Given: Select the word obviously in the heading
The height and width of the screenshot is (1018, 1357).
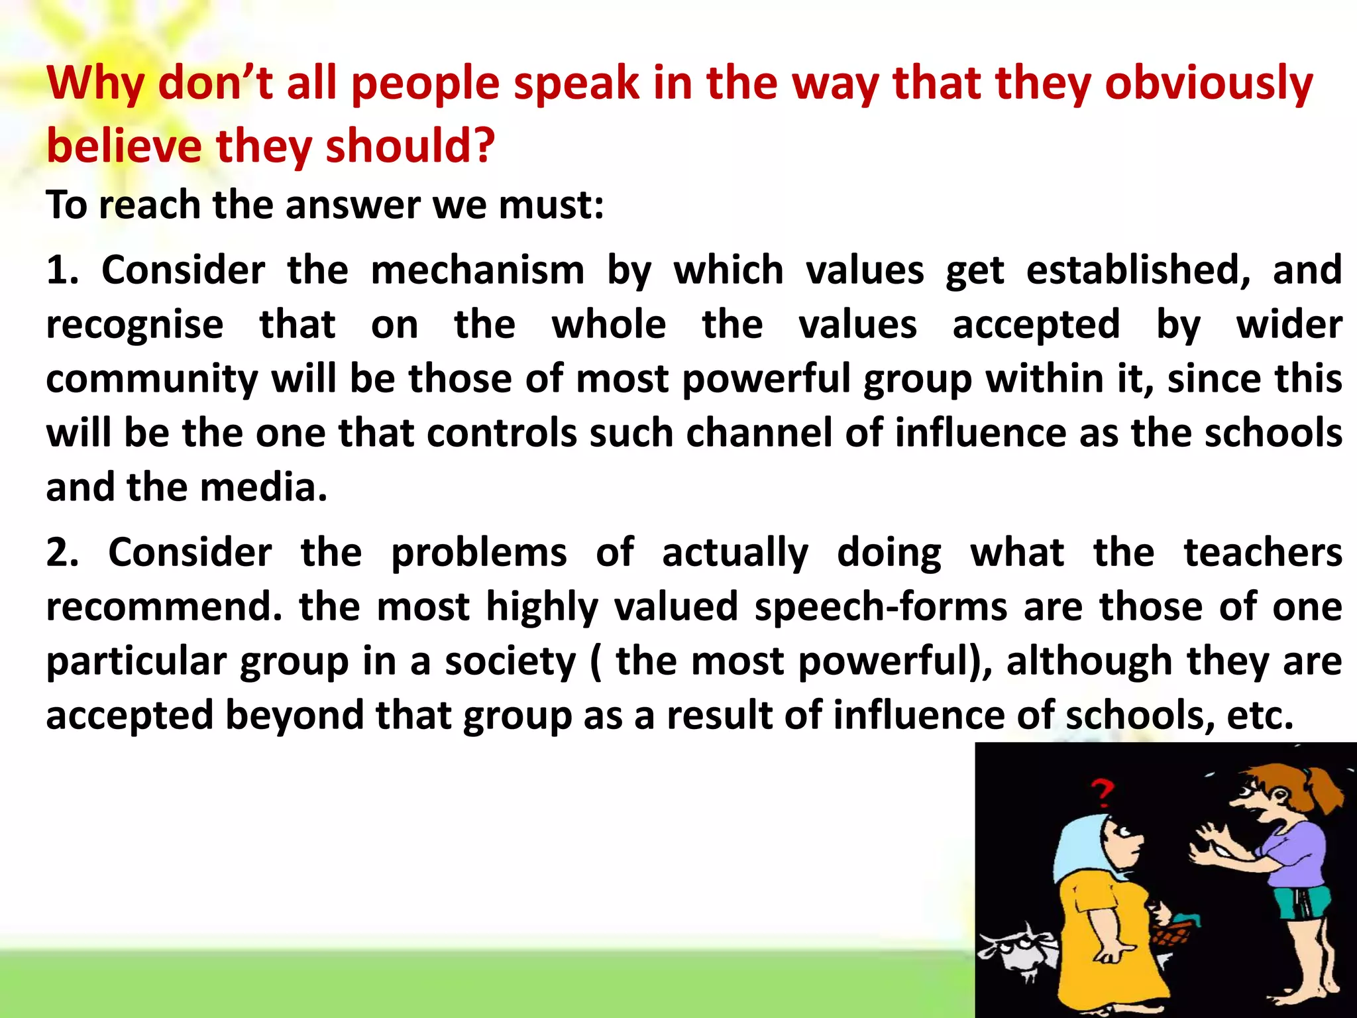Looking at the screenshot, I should coord(1209,84).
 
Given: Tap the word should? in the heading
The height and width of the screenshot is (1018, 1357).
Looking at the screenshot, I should coord(410,146).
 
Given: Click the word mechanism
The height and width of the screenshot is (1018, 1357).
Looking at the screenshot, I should coord(477,270).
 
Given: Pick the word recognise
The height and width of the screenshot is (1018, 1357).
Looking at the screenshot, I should coord(135,325).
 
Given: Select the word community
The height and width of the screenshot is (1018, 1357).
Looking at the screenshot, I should coord(152,380).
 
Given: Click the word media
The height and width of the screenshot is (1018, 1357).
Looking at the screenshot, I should coord(263,488).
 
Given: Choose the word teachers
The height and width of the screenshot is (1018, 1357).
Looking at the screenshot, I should coord(1263,553).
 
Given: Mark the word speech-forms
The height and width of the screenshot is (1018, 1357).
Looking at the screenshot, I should coord(881,607).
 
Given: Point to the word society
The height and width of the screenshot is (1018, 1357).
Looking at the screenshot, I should coord(510,661).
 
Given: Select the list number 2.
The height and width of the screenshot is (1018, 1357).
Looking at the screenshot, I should coord(62,553).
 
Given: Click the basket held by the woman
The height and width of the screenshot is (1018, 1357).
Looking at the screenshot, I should coord(1173,935).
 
